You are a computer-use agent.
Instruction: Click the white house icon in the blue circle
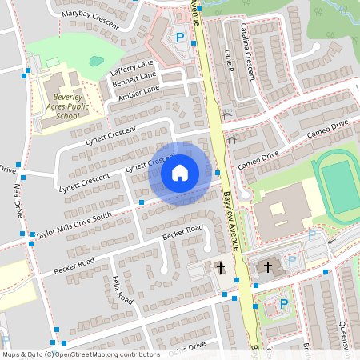(x=180, y=172)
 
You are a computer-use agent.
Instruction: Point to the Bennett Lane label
(x=134, y=81)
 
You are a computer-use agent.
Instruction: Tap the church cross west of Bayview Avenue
(x=219, y=268)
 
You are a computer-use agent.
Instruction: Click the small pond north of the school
(x=96, y=60)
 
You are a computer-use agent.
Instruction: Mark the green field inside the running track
(x=342, y=186)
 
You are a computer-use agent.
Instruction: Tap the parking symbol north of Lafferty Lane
(x=180, y=38)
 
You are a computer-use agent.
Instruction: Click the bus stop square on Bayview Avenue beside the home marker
(x=218, y=172)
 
